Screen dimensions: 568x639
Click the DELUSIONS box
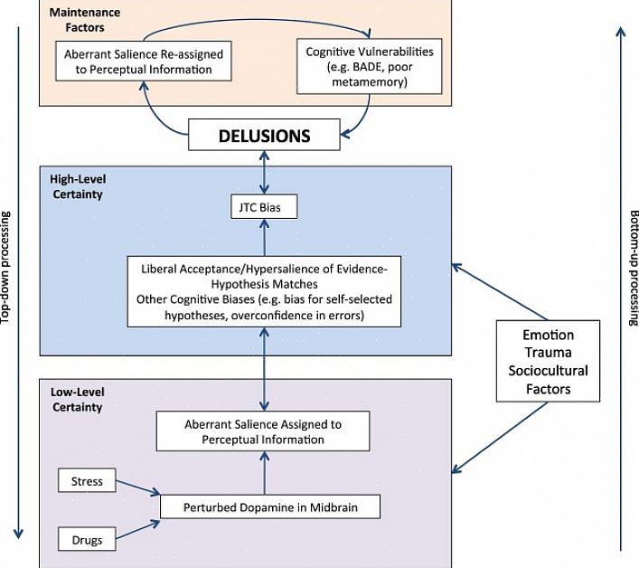click(x=264, y=136)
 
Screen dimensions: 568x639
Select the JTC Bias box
click(x=264, y=209)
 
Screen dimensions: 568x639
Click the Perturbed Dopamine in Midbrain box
click(x=270, y=506)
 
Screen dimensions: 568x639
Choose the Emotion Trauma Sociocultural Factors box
click(x=548, y=361)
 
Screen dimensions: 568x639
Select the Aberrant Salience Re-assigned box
click(x=143, y=62)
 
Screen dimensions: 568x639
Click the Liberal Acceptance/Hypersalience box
click(x=264, y=290)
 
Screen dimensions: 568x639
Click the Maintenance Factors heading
click(x=85, y=19)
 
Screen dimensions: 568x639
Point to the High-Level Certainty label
click(x=76, y=188)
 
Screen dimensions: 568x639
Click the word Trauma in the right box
click(x=548, y=353)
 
